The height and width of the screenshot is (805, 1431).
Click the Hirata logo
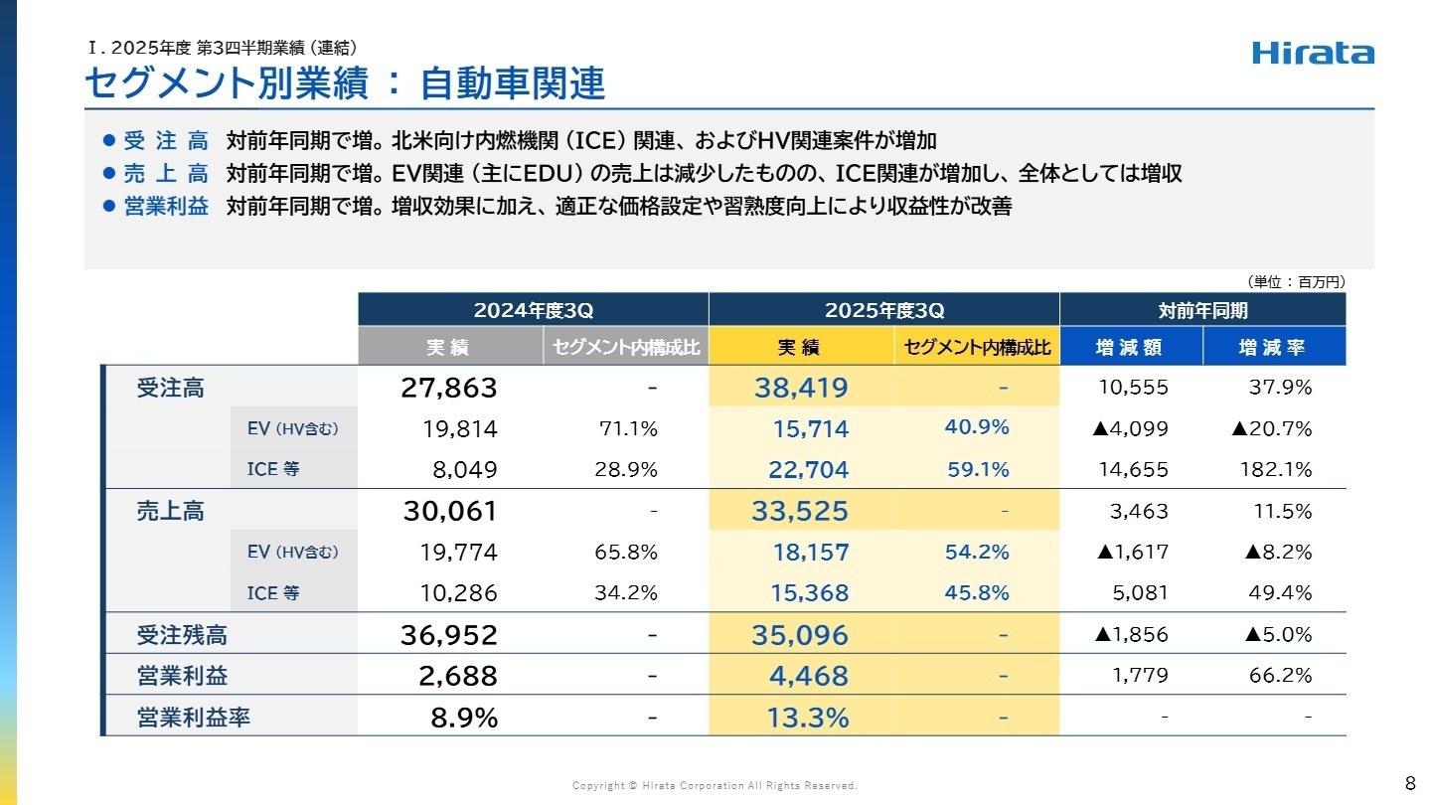(x=1313, y=53)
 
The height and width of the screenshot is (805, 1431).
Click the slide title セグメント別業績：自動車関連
(x=344, y=84)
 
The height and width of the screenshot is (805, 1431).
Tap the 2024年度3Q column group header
(x=533, y=310)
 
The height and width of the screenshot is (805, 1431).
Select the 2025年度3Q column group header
(x=884, y=310)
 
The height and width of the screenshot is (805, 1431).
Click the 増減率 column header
(x=1273, y=348)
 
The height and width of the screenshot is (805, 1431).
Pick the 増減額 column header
(x=1131, y=348)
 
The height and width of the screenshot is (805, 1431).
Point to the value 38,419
(x=800, y=388)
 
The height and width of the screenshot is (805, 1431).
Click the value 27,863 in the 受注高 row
(x=448, y=388)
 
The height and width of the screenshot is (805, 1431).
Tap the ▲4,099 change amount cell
(x=1130, y=429)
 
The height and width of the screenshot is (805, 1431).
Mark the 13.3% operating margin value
(x=807, y=718)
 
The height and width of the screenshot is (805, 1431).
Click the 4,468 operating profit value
(x=808, y=676)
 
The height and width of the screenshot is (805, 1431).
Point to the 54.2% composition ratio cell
(x=977, y=552)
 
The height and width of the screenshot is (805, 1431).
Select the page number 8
(x=1410, y=781)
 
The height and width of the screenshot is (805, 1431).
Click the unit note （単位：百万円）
(x=1296, y=282)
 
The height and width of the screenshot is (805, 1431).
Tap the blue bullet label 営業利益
(x=166, y=208)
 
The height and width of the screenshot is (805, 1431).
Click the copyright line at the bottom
(x=714, y=786)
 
